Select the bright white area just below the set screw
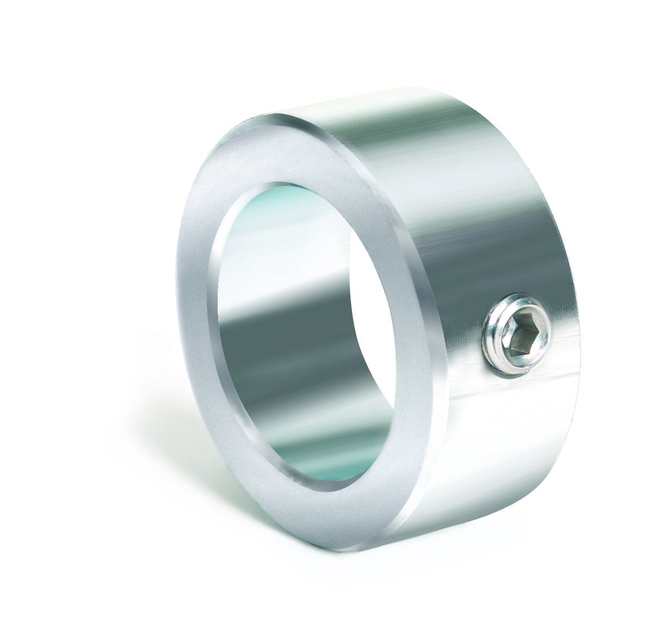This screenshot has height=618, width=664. [517, 413]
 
